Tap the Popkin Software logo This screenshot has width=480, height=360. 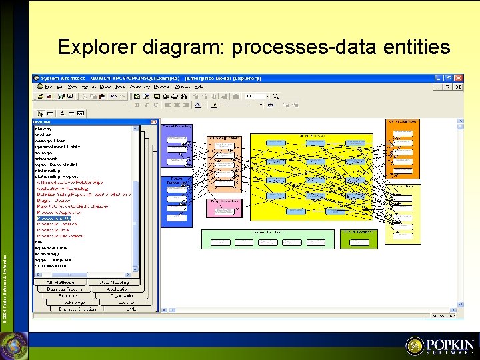(441, 345)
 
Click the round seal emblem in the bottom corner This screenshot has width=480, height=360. (13, 345)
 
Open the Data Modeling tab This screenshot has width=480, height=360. (115, 283)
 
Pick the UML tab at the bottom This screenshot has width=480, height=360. (131, 309)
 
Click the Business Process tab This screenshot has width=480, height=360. (65, 289)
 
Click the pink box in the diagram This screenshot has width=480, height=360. (225, 208)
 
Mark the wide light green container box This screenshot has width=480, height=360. (268, 239)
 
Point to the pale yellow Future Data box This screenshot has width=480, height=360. (403, 213)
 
